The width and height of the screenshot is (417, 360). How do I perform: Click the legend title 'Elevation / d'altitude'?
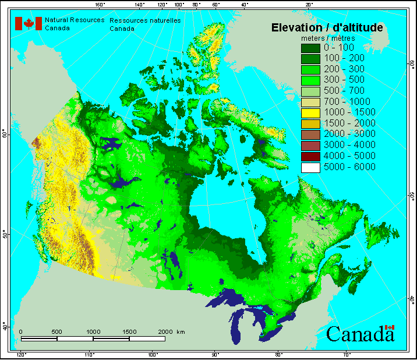tap(327, 27)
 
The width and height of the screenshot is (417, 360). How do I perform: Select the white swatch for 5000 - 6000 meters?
tap(310, 167)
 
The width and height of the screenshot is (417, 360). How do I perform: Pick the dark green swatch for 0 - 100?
tap(310, 47)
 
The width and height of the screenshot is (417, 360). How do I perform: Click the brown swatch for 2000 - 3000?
tap(310, 134)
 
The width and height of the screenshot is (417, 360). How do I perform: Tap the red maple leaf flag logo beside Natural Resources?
tap(28, 23)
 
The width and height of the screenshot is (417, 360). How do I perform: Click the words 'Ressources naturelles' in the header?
tap(145, 20)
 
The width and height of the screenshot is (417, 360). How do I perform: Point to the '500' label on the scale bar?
tap(56, 331)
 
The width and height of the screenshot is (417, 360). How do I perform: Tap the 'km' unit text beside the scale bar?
tap(181, 331)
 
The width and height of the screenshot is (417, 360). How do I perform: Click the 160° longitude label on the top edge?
tap(100, 5)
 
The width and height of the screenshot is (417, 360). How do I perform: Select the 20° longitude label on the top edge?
tap(309, 5)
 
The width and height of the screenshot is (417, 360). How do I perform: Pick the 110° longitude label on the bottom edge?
tap(89, 355)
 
